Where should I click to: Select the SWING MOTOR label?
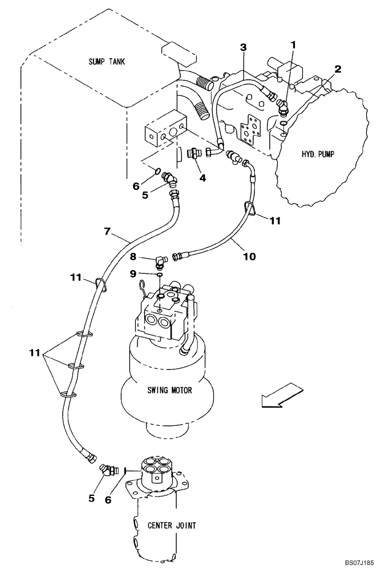[x=169, y=390]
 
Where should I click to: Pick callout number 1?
[x=294, y=44]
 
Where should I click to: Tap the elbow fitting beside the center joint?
[x=106, y=470]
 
